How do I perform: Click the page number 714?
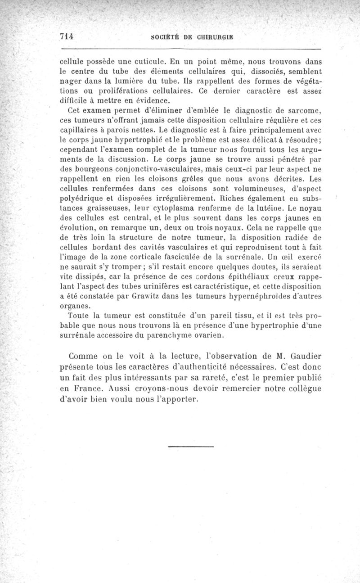click(x=67, y=36)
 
